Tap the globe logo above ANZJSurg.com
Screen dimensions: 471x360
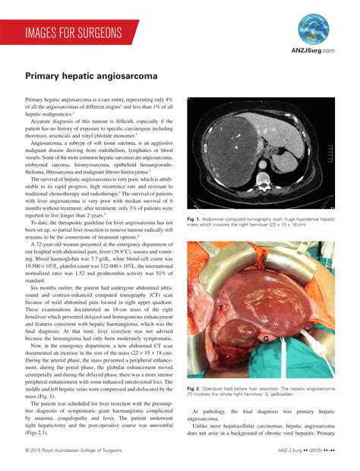point(313,28)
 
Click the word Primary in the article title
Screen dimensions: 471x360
point(44,76)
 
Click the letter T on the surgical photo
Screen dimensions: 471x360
point(221,309)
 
